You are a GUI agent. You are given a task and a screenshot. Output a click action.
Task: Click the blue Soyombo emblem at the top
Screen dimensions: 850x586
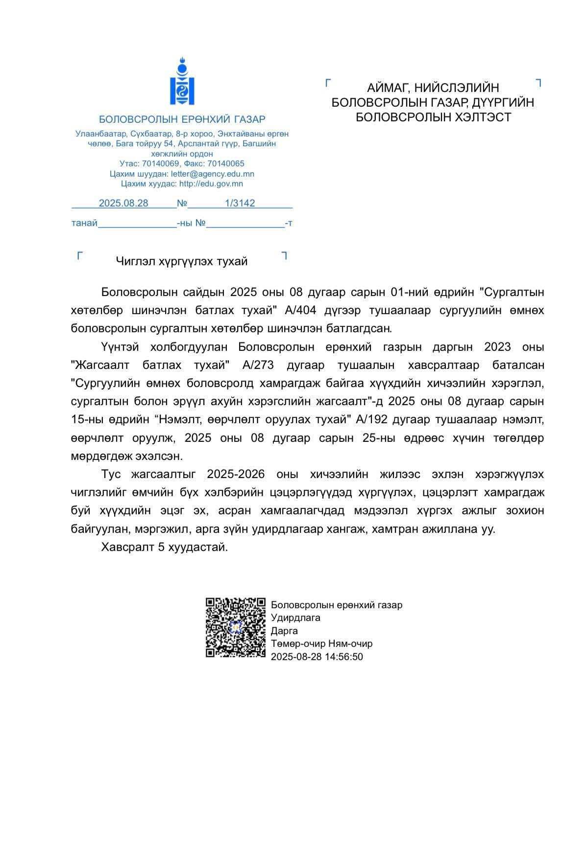coord(182,82)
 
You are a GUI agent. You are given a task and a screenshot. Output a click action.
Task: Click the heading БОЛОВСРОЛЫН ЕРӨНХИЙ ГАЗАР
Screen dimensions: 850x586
coord(182,119)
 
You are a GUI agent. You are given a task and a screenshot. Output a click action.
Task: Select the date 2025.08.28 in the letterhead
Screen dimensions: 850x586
coord(123,203)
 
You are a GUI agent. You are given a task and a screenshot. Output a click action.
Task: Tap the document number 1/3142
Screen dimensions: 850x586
coord(240,203)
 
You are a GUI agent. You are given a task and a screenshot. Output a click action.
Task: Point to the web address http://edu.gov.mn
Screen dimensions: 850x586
coord(211,184)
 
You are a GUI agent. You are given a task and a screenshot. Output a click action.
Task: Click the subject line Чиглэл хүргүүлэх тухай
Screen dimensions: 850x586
coord(182,261)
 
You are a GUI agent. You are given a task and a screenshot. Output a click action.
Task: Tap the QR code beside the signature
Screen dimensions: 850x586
coord(235,627)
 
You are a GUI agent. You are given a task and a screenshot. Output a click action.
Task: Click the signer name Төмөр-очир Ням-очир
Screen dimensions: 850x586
coord(321,643)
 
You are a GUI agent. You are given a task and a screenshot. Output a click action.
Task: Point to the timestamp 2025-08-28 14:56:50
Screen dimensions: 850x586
coord(317,657)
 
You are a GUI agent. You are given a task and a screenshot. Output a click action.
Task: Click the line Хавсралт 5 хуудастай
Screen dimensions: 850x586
coord(165,547)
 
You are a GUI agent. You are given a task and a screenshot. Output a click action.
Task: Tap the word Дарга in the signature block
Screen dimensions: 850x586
coord(284,631)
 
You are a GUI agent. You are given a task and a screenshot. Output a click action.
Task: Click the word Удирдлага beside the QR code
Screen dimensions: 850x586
coord(295,618)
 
